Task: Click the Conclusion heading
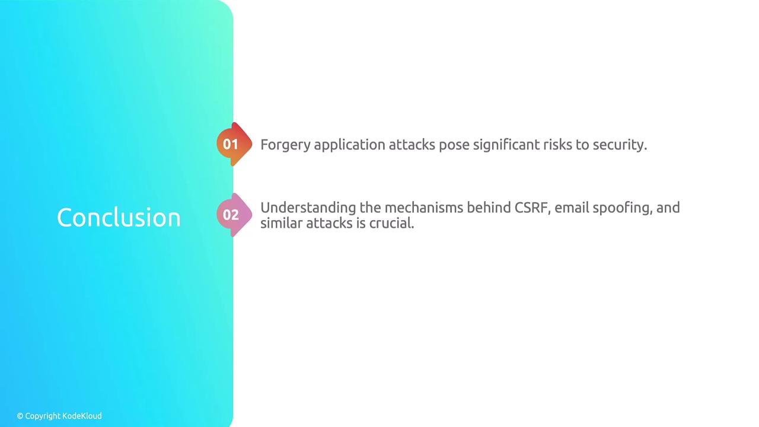119,217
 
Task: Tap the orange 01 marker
234,144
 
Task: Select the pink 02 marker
234,215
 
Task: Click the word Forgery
285,145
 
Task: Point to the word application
349,145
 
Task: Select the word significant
506,145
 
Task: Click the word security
620,145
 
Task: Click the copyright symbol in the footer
20,416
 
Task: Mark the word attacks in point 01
412,145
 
